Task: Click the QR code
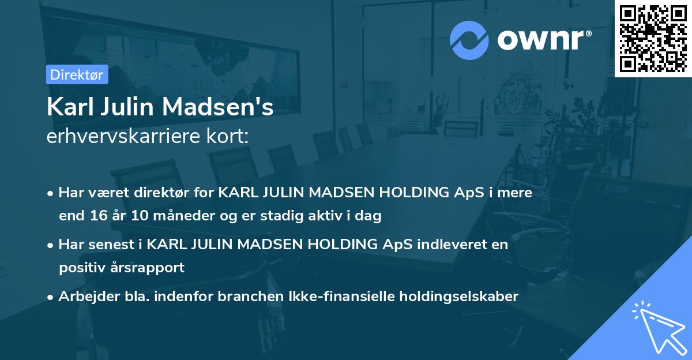653,38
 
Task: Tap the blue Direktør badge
77,74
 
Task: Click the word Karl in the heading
68,107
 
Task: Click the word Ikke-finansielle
328,297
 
